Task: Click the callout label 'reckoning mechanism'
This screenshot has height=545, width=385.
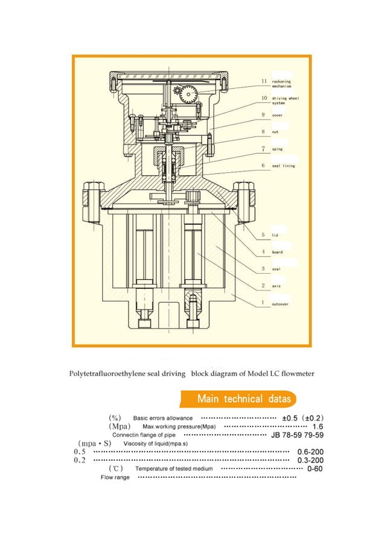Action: tap(281, 83)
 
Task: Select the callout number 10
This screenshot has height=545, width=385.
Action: tap(264, 97)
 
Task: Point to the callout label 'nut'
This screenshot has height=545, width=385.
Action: tap(275, 131)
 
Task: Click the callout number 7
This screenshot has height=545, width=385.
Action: tap(264, 148)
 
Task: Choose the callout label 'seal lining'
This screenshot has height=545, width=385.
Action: tap(284, 166)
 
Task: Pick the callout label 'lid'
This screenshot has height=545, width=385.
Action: tap(275, 234)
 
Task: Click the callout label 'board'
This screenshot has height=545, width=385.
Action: tap(278, 251)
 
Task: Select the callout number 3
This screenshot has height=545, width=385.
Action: tap(264, 268)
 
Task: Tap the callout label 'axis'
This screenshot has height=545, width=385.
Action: tap(276, 285)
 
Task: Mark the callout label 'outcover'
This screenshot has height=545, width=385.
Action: tap(281, 304)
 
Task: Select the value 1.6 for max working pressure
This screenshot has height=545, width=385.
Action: tap(317, 427)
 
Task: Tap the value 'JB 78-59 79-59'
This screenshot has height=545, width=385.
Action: tap(297, 435)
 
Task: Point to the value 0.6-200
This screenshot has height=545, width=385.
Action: tap(310, 452)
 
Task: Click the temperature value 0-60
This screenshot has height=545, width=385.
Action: tap(315, 469)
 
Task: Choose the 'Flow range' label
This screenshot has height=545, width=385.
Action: tap(115, 477)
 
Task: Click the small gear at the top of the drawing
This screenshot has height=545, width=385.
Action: tap(178, 92)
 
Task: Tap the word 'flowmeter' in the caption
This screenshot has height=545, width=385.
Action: tap(294, 373)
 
